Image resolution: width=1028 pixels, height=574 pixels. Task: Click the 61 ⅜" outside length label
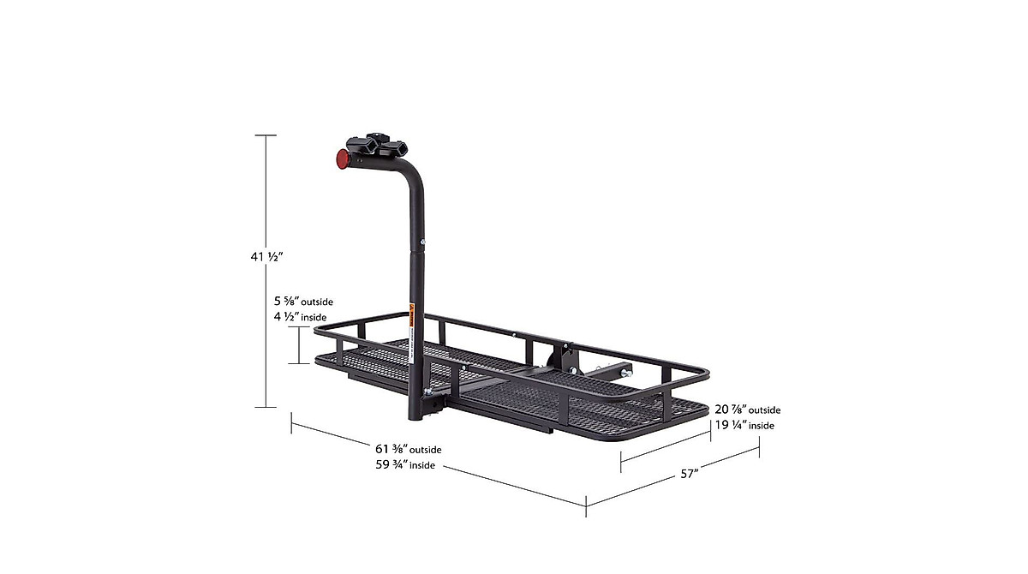[x=408, y=449]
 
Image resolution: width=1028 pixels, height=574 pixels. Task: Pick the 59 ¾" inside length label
[x=404, y=465]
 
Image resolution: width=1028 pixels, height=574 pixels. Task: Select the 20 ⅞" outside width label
[x=747, y=410]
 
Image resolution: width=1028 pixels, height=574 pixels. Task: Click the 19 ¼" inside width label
[x=744, y=424]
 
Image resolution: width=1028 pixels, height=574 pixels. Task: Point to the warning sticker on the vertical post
[x=413, y=315]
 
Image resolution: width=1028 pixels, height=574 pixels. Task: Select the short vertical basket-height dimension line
[x=299, y=345]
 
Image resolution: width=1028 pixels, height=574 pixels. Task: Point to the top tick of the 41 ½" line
[x=266, y=135]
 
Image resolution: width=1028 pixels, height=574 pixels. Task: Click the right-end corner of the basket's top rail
[x=708, y=372]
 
